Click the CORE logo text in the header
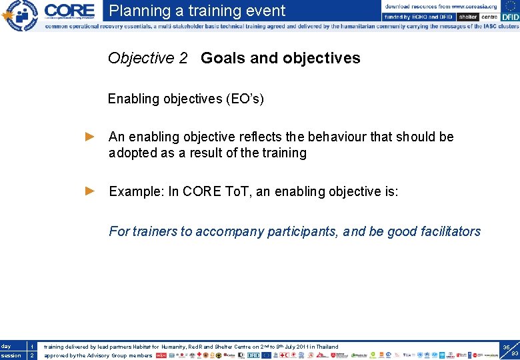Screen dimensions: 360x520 point(69,11)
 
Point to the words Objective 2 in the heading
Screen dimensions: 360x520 point(147,58)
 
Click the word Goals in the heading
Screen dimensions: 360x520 point(223,58)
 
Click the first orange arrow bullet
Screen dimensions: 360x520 point(91,137)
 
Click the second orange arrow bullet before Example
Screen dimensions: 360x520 point(91,191)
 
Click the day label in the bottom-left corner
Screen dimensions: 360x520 point(6,346)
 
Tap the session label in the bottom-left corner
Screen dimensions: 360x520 point(11,355)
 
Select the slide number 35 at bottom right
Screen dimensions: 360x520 point(507,347)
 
